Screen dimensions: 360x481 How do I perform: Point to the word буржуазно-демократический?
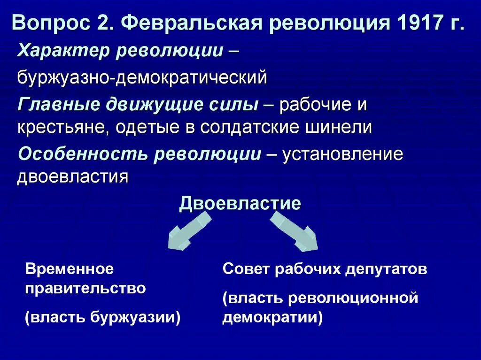[x=142, y=77]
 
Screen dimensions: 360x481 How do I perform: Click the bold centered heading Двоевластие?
[x=240, y=204]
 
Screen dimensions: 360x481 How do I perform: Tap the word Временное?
[x=70, y=269]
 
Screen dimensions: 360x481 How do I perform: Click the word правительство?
[x=85, y=288]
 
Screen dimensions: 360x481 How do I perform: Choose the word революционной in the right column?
[x=353, y=298]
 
